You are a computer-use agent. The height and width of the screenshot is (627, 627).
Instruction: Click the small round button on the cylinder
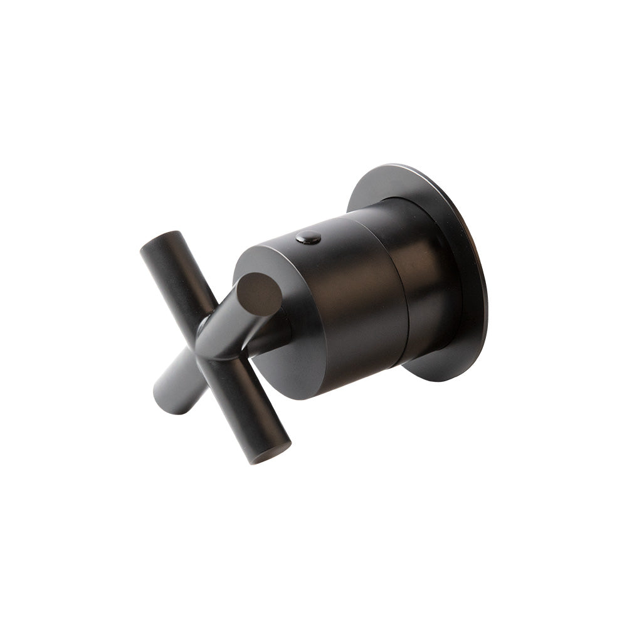[308, 237]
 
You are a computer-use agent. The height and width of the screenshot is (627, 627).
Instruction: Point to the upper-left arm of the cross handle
[172, 270]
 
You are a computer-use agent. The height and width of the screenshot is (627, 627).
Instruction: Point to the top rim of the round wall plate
[401, 168]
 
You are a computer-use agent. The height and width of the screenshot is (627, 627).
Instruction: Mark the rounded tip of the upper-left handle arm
[154, 241]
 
